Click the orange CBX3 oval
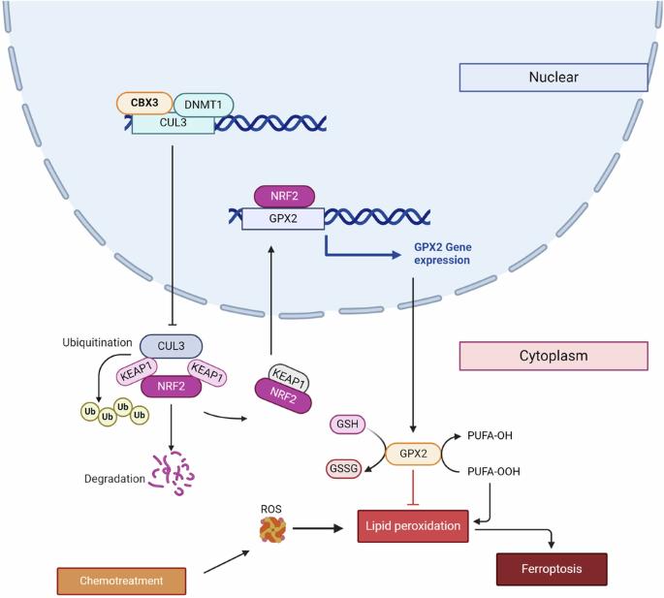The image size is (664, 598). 144,103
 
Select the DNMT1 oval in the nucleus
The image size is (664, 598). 204,105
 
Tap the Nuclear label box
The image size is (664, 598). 553,78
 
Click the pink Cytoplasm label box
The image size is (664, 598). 553,356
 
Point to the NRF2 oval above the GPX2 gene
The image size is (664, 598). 284,196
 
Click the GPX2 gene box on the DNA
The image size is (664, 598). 283,218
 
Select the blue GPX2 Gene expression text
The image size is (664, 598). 443,253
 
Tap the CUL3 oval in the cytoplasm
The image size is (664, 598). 171,346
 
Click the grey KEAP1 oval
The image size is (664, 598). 289,378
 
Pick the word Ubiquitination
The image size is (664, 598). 97,342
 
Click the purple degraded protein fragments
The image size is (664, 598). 173,474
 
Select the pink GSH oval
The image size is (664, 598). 347,424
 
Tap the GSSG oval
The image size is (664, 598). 343,468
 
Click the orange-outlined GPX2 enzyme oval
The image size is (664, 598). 413,454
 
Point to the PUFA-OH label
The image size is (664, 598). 490,435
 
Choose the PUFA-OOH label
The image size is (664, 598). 493,471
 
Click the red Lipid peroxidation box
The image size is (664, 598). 413,526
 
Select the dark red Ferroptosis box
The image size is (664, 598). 552,569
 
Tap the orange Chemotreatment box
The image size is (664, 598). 121,581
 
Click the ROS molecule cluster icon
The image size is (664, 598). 272,529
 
